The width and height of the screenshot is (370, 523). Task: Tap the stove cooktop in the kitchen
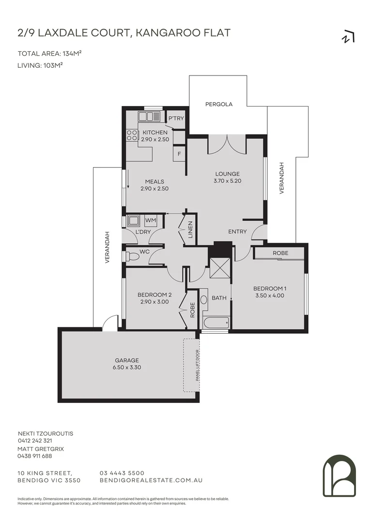[132, 135]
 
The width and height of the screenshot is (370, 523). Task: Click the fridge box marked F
[179, 154]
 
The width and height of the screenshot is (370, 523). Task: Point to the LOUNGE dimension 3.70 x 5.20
[227, 181]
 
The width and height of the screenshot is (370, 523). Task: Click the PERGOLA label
[219, 104]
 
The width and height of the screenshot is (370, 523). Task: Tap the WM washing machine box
[151, 221]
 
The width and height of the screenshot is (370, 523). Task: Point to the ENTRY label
[237, 231]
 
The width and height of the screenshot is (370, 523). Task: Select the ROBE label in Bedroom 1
[280, 253]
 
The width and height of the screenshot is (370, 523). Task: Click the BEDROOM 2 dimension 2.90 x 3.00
[154, 301]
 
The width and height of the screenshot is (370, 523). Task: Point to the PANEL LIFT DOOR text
[198, 365]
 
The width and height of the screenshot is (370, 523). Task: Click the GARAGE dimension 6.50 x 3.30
[127, 367]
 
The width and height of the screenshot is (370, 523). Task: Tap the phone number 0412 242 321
[35, 441]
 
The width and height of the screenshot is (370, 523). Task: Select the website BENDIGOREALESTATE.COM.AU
[150, 480]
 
